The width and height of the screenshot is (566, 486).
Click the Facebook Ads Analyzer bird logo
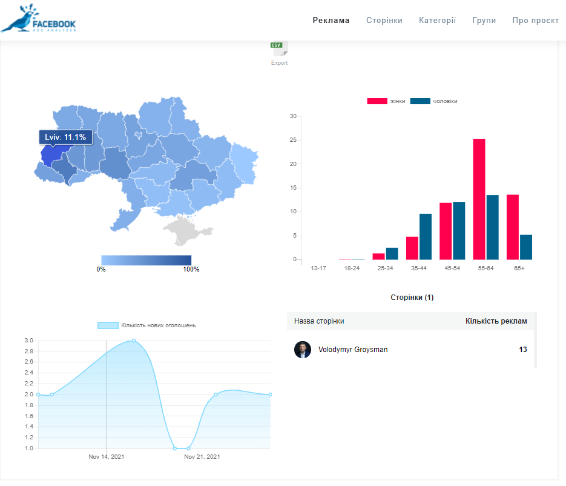pos(38,18)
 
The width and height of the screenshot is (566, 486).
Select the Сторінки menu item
pos(384,20)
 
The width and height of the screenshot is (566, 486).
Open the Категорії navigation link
pos(437,20)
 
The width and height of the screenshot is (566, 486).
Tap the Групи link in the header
pos(484,21)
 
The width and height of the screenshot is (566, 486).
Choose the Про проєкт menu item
pos(535,20)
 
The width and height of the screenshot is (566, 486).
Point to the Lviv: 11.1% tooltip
pos(65,138)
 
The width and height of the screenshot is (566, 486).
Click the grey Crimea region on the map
pos(186,230)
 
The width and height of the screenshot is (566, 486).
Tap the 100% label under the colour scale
pos(191,269)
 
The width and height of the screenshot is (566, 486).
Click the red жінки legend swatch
pos(377,101)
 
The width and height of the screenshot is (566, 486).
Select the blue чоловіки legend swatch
pos(420,101)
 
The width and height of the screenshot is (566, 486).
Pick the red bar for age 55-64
pos(479,199)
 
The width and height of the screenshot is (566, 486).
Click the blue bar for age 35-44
pos(425,237)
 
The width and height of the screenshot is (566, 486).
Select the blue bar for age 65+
pos(526,247)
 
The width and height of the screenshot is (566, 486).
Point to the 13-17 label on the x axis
pos(318,268)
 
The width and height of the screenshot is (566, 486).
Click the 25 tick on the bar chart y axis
pos(293,140)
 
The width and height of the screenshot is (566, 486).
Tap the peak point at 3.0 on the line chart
pos(134,341)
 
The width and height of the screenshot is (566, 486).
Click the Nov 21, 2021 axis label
pos(202,457)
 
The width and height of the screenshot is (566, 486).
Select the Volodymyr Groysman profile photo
pos(303,350)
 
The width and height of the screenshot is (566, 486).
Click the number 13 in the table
pos(522,350)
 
